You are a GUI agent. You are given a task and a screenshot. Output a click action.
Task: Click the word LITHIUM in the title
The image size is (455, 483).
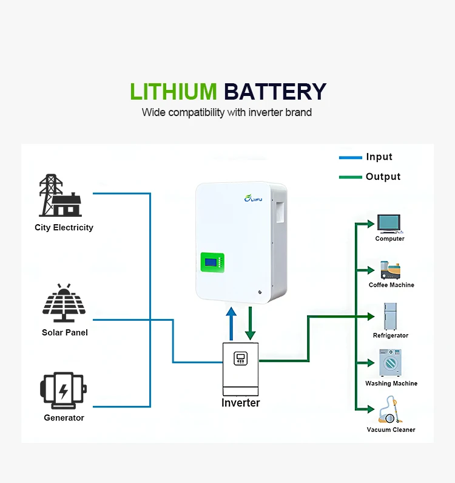pyautogui.click(x=173, y=92)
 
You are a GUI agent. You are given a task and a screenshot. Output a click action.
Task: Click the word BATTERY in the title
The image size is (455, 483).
pyautogui.click(x=275, y=92)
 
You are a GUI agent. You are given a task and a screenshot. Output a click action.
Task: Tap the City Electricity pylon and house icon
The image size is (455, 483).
pyautogui.click(x=60, y=196)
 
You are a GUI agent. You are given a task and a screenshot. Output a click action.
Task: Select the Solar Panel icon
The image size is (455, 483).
pyautogui.click(x=64, y=303)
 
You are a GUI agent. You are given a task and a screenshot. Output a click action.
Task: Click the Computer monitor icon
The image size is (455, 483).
pyautogui.click(x=389, y=224)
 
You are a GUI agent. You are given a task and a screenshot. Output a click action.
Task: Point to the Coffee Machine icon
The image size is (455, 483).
pyautogui.click(x=390, y=270)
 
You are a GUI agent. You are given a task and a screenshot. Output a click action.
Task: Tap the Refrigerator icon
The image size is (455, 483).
pyautogui.click(x=389, y=317)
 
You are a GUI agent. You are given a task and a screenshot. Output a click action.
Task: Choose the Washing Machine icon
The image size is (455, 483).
pyautogui.click(x=390, y=363)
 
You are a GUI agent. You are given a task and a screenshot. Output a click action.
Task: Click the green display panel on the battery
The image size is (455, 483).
pyautogui.click(x=212, y=263)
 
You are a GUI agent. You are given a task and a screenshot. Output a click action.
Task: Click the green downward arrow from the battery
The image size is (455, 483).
pyautogui.click(x=250, y=323)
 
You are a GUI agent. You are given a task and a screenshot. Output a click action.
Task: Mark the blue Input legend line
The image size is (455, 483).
pyautogui.click(x=350, y=157)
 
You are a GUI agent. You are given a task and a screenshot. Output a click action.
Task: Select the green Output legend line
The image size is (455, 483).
pyautogui.click(x=350, y=177)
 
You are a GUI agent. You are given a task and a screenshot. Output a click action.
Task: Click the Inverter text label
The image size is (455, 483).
pyautogui.click(x=241, y=403)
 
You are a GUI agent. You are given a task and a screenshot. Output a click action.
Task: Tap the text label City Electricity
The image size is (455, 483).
pyautogui.click(x=64, y=228)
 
